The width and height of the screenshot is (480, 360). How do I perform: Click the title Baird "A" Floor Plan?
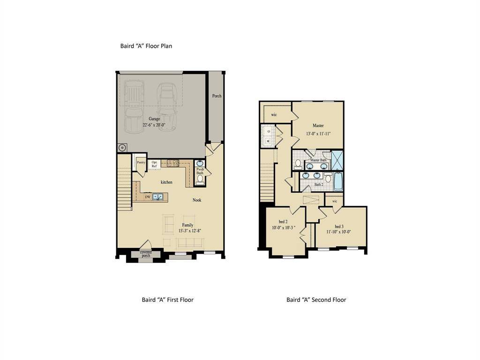(147, 46)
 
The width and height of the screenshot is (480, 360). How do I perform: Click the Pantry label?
(141, 162)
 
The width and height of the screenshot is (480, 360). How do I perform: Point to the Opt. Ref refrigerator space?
(154, 164)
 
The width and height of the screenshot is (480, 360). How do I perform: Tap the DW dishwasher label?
(148, 197)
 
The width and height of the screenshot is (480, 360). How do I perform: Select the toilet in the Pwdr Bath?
(200, 179)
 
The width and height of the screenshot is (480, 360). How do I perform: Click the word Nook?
(197, 200)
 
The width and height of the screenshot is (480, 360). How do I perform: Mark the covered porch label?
(146, 254)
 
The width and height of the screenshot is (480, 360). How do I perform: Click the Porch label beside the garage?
(217, 96)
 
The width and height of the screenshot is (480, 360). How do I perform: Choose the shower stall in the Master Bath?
(337, 160)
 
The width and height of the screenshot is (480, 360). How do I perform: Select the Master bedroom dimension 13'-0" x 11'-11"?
(318, 134)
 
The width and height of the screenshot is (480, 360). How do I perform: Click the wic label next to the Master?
(274, 114)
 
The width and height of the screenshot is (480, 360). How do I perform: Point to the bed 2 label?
(283, 222)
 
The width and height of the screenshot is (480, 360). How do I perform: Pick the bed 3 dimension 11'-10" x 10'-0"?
(339, 232)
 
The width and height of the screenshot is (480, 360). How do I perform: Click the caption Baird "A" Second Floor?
(316, 300)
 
